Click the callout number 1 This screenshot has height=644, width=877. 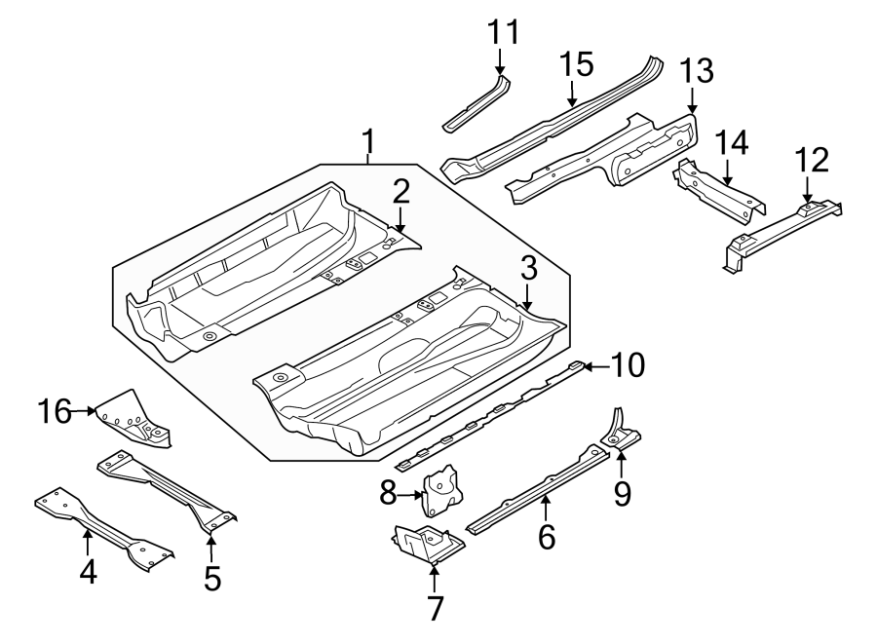pyautogui.click(x=368, y=142)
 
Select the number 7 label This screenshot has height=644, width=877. pyautogui.click(x=435, y=608)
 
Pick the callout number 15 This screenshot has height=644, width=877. pyautogui.click(x=576, y=65)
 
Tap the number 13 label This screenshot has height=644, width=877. pyautogui.click(x=696, y=71)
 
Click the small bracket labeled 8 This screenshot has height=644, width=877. pyautogui.click(x=442, y=489)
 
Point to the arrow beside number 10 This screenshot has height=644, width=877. pyautogui.click(x=596, y=366)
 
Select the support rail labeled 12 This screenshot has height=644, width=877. pyautogui.click(x=780, y=230)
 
